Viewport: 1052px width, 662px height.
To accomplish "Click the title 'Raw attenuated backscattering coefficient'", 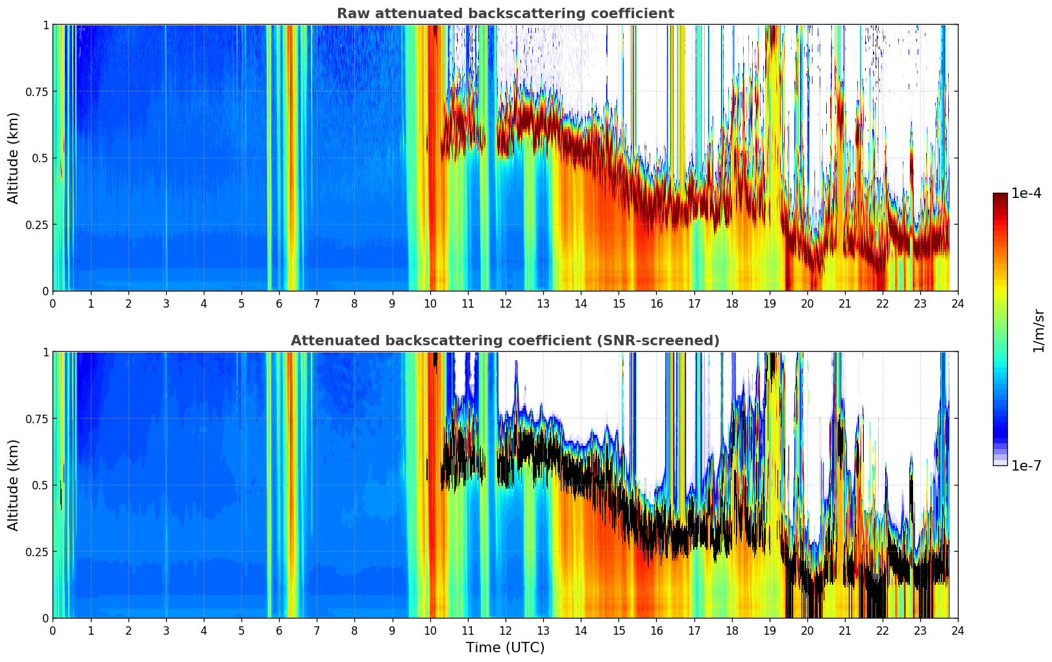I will [x=505, y=14].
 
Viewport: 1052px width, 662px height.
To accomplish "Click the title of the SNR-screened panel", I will [x=505, y=341].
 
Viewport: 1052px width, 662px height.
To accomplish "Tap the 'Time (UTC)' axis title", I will [x=505, y=648].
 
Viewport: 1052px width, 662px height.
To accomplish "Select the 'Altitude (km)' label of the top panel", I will [x=14, y=158].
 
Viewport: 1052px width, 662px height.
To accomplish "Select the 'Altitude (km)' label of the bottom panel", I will [x=14, y=485].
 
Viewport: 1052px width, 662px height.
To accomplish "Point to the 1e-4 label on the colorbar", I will [x=1026, y=193].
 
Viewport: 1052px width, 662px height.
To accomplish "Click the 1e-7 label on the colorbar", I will [x=1026, y=465].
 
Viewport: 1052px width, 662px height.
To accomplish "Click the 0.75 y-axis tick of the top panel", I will [x=37, y=92].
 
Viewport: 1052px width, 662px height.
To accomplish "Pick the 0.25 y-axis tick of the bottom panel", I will [x=37, y=552].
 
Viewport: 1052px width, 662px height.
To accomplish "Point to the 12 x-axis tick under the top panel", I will [x=505, y=303].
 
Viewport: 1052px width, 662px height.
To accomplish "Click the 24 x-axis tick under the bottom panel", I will [x=958, y=630].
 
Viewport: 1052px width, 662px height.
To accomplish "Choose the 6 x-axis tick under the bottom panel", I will [x=279, y=630].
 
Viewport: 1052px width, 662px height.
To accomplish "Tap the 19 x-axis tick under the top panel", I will [x=769, y=303].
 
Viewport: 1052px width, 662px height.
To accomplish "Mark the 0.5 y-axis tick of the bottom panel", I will [x=40, y=485].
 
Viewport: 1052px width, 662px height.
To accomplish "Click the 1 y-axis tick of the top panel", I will [x=45, y=25].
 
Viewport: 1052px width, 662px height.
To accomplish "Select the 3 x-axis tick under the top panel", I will [x=166, y=303].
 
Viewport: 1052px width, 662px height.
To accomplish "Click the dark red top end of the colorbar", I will [x=999, y=195].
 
